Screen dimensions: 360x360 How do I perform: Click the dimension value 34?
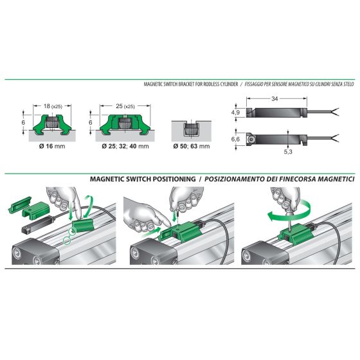(274, 99)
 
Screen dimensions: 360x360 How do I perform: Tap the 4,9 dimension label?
(235, 113)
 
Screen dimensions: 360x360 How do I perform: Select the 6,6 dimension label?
(235, 139)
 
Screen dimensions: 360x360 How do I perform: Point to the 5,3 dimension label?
(288, 152)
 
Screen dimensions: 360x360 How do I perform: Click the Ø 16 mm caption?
(52, 147)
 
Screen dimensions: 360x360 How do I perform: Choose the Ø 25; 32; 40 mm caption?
(125, 147)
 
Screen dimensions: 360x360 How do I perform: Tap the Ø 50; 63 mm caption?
(192, 147)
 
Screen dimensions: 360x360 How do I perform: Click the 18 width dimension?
(47, 106)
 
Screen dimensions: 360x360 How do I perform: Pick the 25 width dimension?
(119, 106)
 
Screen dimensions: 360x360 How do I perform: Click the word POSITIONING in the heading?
(174, 179)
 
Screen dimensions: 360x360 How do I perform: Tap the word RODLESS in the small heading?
(212, 84)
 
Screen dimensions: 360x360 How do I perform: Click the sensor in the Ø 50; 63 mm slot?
(191, 129)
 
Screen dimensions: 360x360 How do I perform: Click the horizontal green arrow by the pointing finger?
(151, 232)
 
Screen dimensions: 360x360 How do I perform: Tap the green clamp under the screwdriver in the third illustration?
(296, 235)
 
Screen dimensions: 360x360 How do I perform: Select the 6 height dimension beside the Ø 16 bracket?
(23, 122)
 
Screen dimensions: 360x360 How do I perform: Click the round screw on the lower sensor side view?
(251, 139)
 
